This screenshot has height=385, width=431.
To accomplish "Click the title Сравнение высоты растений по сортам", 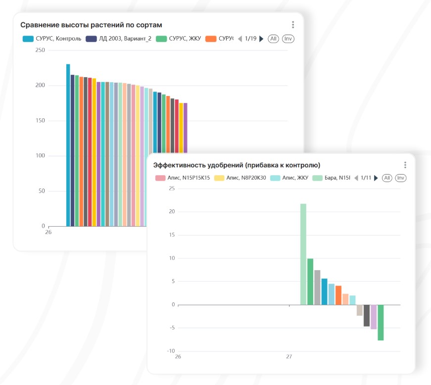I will (x=91, y=25).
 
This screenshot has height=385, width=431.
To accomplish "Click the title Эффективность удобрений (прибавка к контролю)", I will (x=237, y=165).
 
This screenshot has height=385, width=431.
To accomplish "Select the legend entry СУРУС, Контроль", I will (x=52, y=39).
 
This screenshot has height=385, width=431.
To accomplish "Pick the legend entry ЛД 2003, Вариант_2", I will (x=119, y=39).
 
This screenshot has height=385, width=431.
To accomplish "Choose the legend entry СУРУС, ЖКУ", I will (x=179, y=39).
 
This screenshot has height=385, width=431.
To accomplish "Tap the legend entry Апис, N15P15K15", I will (x=183, y=178).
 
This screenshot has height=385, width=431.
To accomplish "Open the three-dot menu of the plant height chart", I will (x=293, y=25).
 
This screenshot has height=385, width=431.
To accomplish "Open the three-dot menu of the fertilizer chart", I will (x=405, y=165).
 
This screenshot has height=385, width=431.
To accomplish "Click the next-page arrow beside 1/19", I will (x=262, y=39).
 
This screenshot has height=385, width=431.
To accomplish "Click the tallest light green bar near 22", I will (x=303, y=254).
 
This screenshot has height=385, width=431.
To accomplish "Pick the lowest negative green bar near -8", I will (x=381, y=322).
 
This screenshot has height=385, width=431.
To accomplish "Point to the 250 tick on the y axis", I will (x=40, y=50).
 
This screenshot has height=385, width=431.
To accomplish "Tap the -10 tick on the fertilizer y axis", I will (x=171, y=351).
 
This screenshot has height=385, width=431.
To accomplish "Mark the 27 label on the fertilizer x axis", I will (x=289, y=356).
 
